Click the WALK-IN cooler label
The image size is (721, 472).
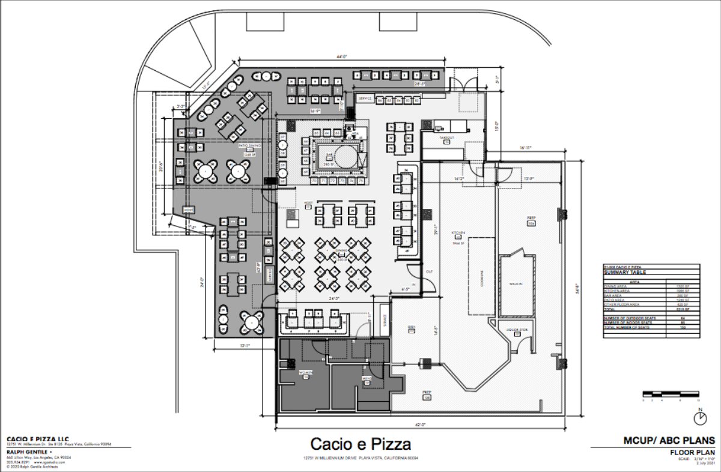click(514, 283)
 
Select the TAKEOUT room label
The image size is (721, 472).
click(446, 138)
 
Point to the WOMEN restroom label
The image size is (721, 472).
click(305, 372)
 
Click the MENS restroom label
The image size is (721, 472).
click(366, 378)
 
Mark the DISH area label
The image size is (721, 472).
click(412, 327)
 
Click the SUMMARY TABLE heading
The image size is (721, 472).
click(622, 272)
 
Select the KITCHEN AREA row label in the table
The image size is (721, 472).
click(619, 291)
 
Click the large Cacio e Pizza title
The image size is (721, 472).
click(360, 444)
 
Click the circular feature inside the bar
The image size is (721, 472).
click(344, 157)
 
